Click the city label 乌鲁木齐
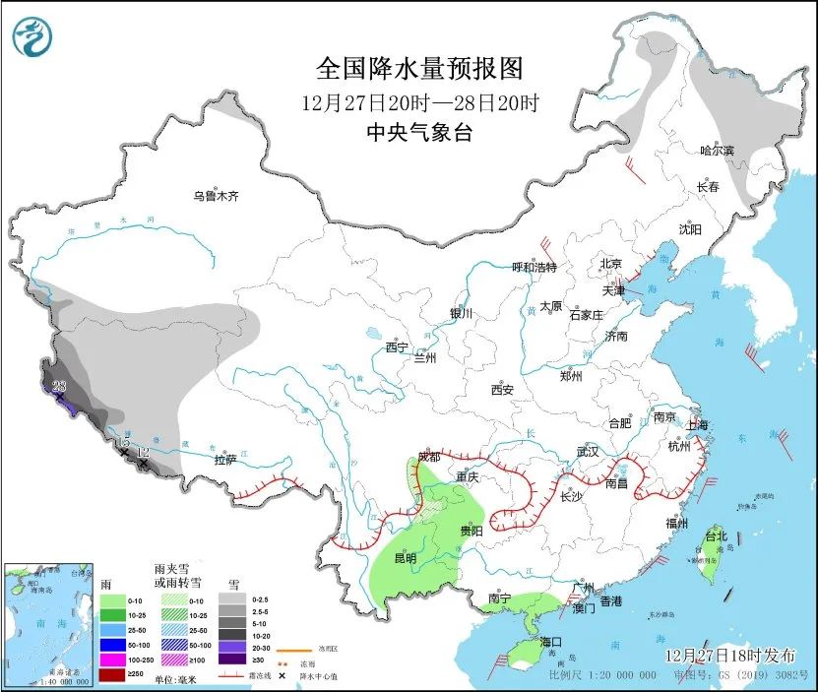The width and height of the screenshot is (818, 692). pyautogui.click(x=216, y=197)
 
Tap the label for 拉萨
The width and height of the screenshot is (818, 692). pyautogui.click(x=225, y=460)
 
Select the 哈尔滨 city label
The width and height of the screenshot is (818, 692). pyautogui.click(x=717, y=151)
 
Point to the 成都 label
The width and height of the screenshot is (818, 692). pyautogui.click(x=429, y=457)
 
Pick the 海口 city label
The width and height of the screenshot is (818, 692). pyautogui.click(x=550, y=642)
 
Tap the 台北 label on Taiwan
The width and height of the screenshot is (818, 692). pyautogui.click(x=716, y=536)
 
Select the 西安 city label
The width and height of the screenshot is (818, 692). pyautogui.click(x=502, y=390)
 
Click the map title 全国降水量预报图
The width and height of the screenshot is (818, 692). pyautogui.click(x=417, y=69)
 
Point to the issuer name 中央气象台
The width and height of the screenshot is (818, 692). pyautogui.click(x=417, y=133)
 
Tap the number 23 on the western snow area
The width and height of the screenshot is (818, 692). pyautogui.click(x=59, y=386)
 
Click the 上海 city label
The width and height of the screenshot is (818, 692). pyautogui.click(x=698, y=425)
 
